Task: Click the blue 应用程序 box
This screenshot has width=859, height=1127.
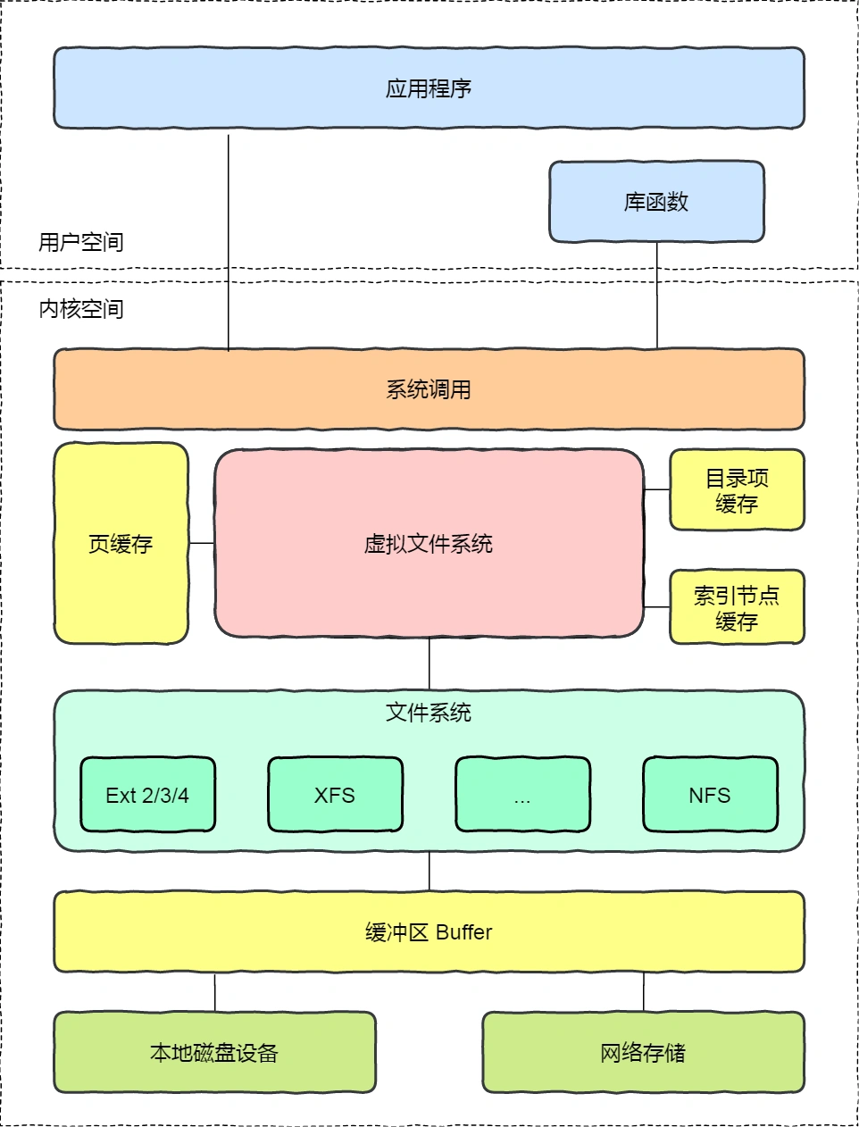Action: [x=429, y=88]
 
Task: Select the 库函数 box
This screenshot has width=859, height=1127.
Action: [x=656, y=202]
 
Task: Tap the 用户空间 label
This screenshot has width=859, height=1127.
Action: [x=81, y=242]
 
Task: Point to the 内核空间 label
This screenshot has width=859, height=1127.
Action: [x=81, y=309]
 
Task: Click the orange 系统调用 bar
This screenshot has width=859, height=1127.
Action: [x=429, y=389]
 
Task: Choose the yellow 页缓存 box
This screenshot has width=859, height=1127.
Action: [x=121, y=544]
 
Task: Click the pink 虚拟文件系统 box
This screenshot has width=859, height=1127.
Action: [x=429, y=544]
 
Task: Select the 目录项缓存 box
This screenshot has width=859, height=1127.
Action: [x=737, y=490]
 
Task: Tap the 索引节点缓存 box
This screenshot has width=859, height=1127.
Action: [x=737, y=607]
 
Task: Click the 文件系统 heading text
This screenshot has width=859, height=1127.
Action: [x=429, y=713]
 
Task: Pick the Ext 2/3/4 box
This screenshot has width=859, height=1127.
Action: [x=147, y=795]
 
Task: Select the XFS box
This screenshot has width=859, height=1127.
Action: [x=335, y=795]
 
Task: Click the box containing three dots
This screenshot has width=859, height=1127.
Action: [x=522, y=795]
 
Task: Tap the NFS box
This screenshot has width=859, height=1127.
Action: [x=710, y=795]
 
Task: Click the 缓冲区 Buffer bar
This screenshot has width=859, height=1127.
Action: [x=429, y=931]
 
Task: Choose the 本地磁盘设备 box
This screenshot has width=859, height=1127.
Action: [x=214, y=1052]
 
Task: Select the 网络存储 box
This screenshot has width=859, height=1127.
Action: [x=643, y=1052]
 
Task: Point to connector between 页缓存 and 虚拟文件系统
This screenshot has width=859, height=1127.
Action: [x=202, y=543]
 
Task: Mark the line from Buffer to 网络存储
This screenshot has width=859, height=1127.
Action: [x=644, y=992]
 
